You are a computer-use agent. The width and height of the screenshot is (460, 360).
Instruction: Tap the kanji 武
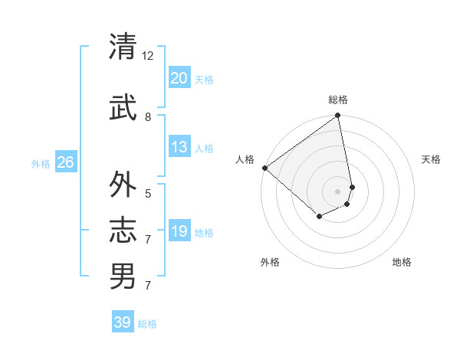point(123,108)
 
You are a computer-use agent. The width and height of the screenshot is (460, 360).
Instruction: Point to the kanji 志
point(123,231)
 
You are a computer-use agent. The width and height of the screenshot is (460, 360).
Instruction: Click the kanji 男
point(123,276)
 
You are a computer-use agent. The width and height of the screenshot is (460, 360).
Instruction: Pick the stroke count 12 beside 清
point(148,56)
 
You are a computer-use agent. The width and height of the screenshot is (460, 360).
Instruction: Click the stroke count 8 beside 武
point(148,117)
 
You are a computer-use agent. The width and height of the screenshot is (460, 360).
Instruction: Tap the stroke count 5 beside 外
point(148,194)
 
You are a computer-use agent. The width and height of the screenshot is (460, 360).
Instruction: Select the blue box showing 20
point(179,78)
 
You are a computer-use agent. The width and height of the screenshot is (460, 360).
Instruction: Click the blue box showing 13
point(179,147)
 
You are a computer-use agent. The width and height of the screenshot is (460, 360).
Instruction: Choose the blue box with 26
point(65,162)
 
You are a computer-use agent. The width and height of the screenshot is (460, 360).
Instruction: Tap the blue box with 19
point(179,231)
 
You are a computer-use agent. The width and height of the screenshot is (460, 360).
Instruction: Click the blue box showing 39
point(123,322)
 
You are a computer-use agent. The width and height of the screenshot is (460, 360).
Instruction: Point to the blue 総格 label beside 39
point(147,324)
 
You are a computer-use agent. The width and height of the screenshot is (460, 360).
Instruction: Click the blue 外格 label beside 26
point(41,163)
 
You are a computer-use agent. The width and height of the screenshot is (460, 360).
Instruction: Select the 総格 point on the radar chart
point(337,116)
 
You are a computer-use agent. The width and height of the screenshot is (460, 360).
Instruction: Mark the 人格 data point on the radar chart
point(264,168)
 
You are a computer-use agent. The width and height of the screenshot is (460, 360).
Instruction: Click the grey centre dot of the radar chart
point(337,191)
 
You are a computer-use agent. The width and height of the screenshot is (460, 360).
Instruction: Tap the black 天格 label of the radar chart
point(431,159)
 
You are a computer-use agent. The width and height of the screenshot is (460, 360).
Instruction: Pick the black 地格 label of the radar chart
point(402,262)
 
